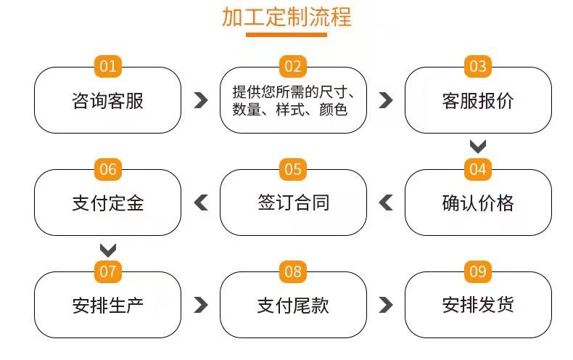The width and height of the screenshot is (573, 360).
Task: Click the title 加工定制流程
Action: pos(286,17)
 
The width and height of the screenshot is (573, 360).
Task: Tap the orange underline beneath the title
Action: pos(286,35)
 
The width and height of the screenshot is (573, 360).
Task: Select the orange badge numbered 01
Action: pos(108,66)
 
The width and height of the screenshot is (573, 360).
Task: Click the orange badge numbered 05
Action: pos(293,169)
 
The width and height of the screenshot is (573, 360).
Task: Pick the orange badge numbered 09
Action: pos(478,272)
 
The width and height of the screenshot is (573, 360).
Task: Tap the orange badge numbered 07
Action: pos(108,272)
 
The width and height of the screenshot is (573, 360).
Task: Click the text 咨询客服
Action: pos(108,101)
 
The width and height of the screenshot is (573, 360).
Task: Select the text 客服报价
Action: pos(478,101)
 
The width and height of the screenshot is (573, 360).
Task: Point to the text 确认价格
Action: pos(478,203)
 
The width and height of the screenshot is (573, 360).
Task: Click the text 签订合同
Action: pos(294,202)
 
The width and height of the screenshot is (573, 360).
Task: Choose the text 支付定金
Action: pos(108,203)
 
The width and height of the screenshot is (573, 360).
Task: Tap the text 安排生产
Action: pos(108,306)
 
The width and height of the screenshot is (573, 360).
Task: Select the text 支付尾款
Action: pos(293,306)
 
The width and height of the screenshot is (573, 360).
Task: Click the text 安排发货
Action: pos(478,305)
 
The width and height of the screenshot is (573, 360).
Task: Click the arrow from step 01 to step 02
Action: pos(202,100)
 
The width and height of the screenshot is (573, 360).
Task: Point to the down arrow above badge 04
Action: pos(478,147)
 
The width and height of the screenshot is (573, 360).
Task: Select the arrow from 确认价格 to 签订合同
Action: pos(385,202)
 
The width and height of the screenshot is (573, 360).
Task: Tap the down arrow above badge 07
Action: pos(108,250)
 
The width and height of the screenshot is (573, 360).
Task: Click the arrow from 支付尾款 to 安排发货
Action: pos(387,305)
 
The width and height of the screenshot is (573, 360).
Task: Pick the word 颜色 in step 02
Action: pos(333,110)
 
